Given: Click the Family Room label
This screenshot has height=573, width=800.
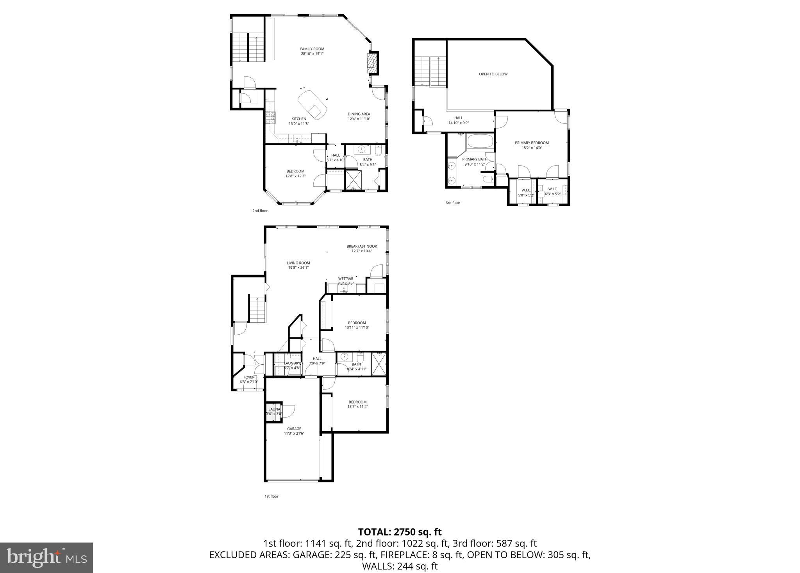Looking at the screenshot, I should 312,49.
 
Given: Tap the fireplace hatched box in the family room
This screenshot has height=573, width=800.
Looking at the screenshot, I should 372,62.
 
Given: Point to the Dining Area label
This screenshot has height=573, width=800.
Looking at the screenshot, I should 359,114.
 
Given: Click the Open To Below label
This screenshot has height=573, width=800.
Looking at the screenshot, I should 493,74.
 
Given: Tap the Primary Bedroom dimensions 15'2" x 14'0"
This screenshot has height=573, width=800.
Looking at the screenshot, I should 532,148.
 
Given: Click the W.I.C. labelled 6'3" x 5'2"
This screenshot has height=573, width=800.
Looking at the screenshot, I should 553,192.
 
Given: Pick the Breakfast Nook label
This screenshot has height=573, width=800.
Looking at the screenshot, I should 361,246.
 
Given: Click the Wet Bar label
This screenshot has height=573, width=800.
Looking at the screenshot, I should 345,279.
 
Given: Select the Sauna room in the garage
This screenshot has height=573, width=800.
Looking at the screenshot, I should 274,412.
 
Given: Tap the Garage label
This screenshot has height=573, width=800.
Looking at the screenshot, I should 294,429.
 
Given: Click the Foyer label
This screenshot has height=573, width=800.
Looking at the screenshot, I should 249,377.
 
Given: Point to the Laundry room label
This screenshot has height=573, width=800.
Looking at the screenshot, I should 292,363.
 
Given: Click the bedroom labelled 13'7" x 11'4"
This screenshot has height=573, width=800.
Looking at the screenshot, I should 357,404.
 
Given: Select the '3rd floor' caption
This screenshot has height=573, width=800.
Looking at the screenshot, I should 453,203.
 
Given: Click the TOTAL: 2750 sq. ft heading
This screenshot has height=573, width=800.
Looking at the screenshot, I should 400,532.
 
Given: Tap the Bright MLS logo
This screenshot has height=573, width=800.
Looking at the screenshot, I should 46,558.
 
